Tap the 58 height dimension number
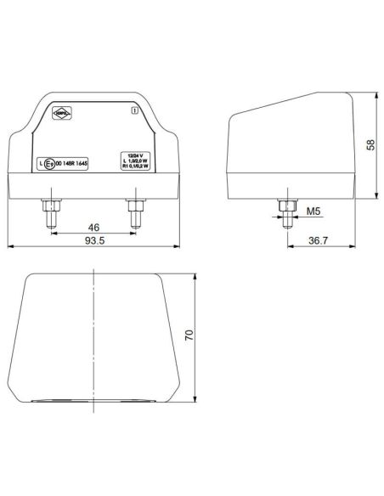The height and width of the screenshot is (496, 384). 370,144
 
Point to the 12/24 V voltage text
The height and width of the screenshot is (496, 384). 133,155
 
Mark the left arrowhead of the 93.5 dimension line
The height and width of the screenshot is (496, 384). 10,248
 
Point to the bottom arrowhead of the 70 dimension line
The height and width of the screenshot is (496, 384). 196,400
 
